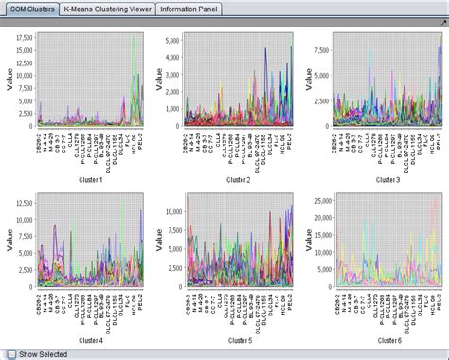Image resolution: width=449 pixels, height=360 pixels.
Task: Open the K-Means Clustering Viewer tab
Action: click(105, 9)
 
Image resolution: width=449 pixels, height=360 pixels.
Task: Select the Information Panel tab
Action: click(188, 9)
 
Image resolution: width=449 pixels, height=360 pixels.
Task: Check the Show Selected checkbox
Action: click(9, 352)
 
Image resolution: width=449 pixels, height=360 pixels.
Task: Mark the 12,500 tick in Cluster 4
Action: click(24, 199)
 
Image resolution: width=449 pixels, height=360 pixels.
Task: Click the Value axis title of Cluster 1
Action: click(8, 82)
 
